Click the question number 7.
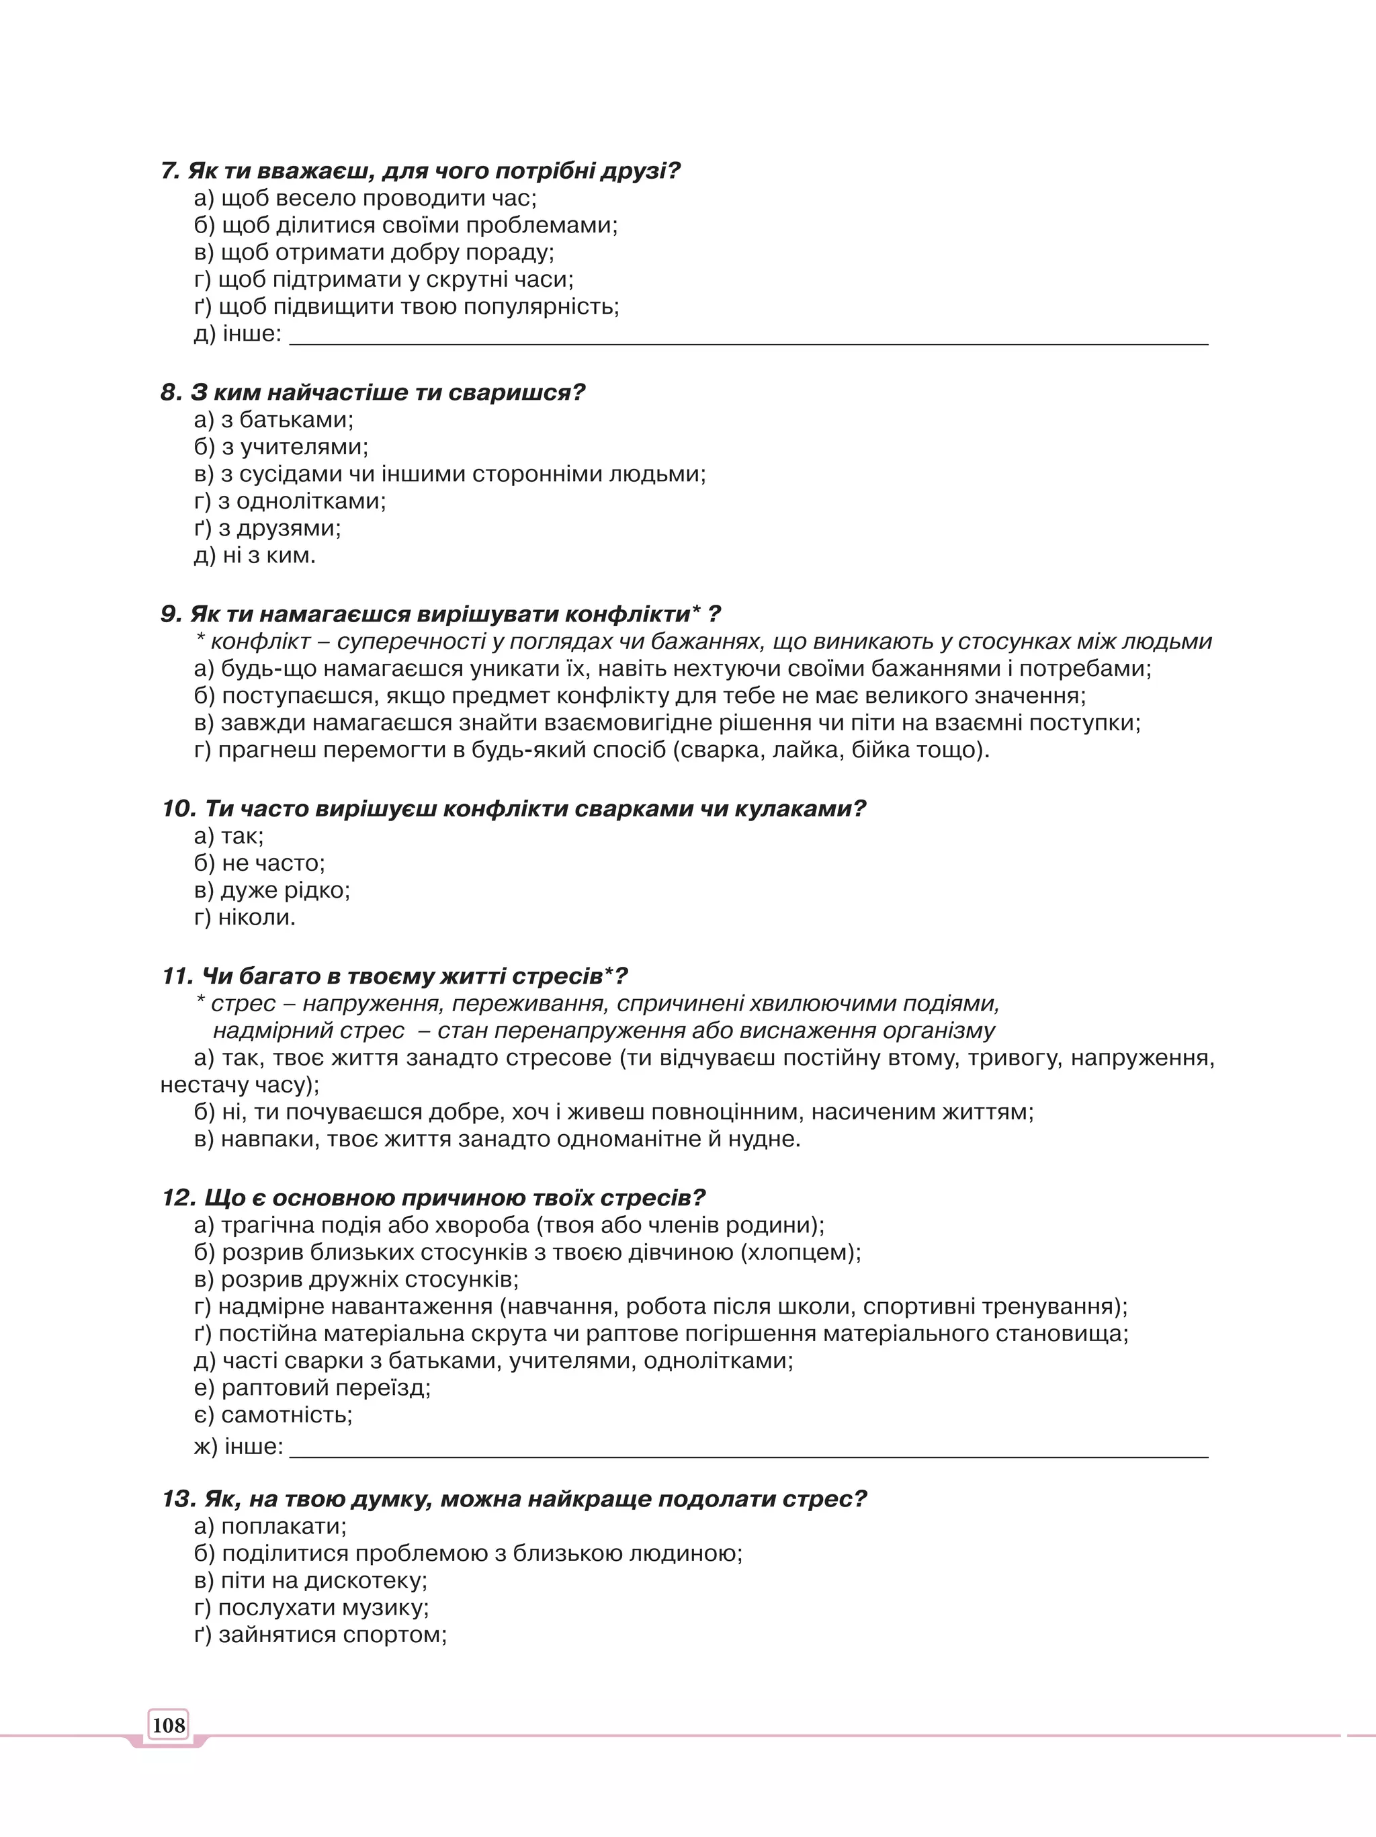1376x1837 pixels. click(169, 171)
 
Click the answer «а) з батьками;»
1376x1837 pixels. click(273, 420)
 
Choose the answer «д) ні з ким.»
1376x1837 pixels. click(255, 556)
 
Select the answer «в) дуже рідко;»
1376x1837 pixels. click(271, 890)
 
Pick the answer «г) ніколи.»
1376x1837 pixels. click(245, 918)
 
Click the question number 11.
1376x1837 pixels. click(177, 976)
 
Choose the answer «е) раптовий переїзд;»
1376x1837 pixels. click(312, 1387)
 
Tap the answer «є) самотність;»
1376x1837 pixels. click(273, 1415)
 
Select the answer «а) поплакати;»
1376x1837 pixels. click(270, 1527)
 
